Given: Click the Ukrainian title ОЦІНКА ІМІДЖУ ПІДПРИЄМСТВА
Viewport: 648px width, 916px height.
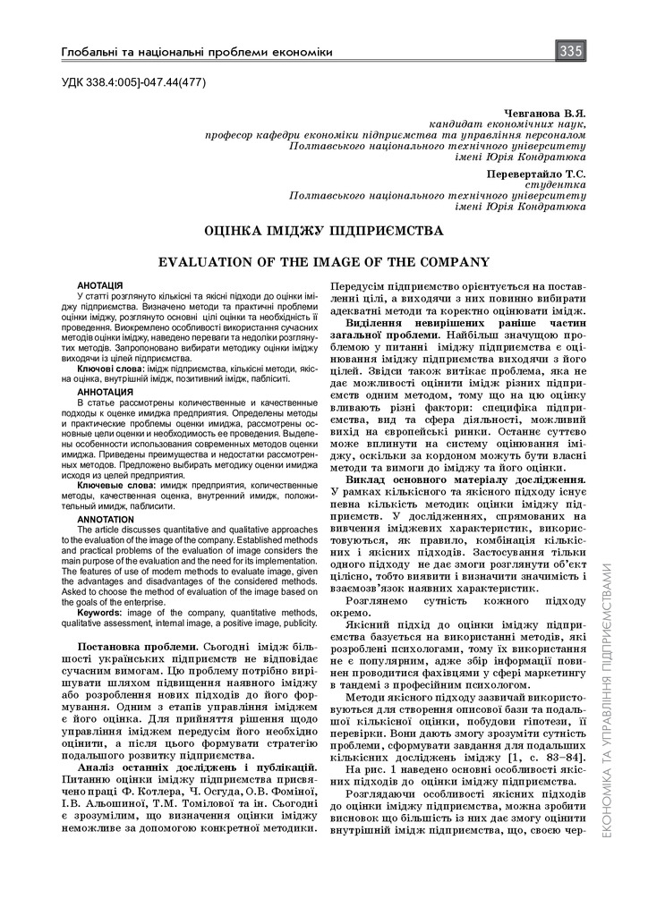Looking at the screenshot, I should click(x=324, y=230).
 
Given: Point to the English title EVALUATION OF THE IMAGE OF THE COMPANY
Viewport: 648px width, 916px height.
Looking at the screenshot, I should click(x=324, y=262).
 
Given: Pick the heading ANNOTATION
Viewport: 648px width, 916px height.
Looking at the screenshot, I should click(x=106, y=519).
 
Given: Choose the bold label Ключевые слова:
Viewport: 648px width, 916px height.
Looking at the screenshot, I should click(x=115, y=485).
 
